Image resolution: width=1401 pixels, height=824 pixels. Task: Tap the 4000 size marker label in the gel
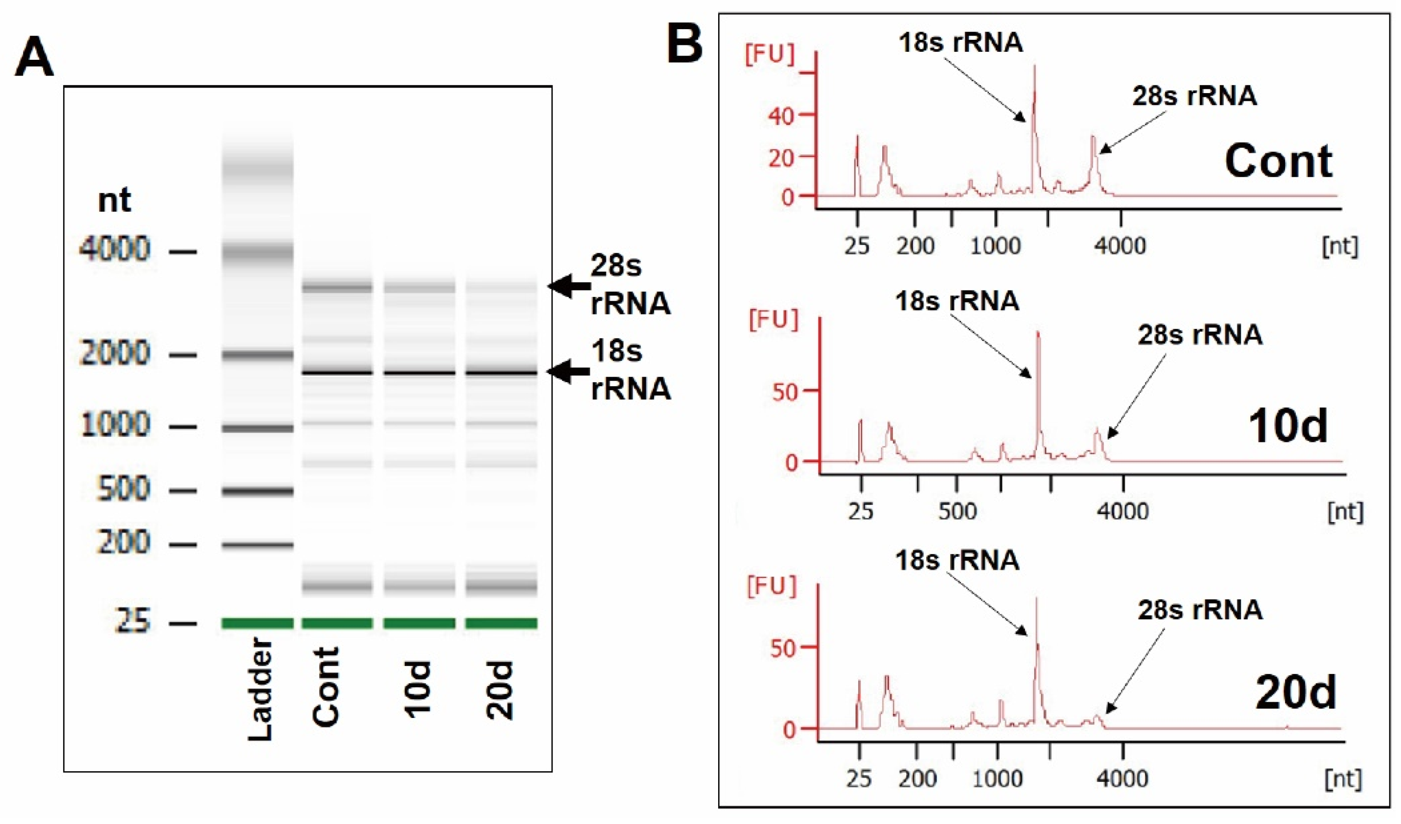coord(115,248)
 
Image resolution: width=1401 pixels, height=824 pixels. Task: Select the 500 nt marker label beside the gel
coord(123,489)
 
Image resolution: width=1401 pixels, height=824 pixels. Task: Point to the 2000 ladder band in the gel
coord(257,354)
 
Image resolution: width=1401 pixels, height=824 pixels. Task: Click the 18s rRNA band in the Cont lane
coord(337,372)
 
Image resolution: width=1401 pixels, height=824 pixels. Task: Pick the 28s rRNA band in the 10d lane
coord(419,287)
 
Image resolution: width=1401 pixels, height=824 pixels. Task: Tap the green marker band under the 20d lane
coord(501,623)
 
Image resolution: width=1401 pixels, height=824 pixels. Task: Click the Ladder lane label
coord(260,689)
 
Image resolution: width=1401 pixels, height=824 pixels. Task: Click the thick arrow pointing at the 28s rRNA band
coord(569,286)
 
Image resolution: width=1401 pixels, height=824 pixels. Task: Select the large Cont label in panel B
coord(1279,162)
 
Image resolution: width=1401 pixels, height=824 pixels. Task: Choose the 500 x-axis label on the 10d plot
coord(957,510)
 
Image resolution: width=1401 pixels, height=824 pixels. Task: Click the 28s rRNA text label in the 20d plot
coord(1200,610)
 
